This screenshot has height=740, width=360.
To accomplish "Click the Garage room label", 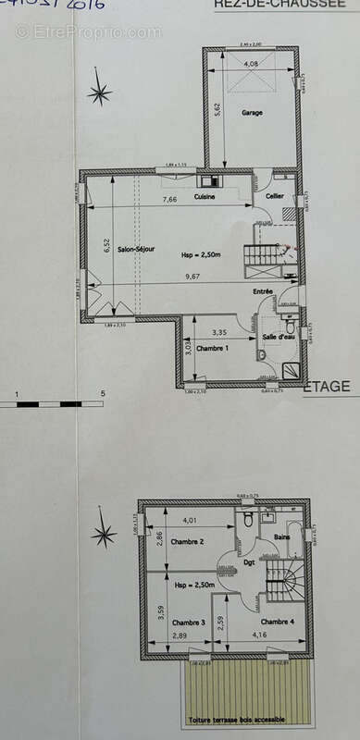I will [x=253, y=113].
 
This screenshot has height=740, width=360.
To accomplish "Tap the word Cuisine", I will [x=205, y=197].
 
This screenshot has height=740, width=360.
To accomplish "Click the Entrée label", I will [x=265, y=291].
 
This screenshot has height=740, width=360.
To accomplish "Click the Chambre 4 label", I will [x=279, y=622].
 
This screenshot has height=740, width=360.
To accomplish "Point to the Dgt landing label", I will [x=249, y=562].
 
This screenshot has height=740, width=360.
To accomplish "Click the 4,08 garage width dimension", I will [x=251, y=64].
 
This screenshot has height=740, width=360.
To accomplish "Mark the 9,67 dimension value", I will [x=192, y=277].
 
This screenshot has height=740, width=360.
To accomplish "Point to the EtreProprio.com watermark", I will [x=88, y=31].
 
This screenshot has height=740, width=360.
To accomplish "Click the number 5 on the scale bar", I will [x=102, y=394].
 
